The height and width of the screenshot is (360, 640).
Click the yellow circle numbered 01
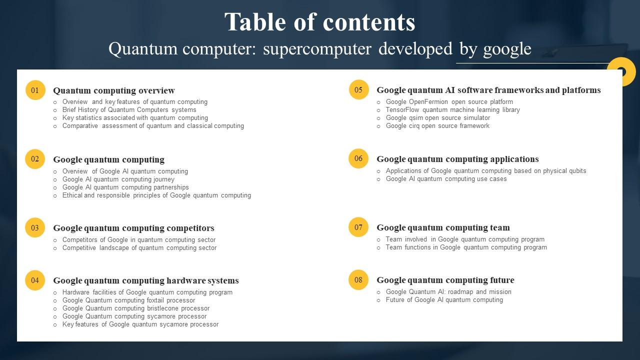35,90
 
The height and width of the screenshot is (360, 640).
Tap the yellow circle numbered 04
35,280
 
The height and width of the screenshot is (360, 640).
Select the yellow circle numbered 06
358,158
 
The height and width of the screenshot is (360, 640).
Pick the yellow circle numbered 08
358,280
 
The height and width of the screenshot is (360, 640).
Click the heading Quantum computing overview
114,90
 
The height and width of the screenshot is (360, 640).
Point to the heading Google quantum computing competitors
133,228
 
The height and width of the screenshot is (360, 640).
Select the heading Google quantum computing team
443,227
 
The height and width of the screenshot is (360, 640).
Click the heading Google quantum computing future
445,280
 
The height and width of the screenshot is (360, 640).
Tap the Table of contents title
320,22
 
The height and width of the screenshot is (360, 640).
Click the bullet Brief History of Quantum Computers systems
129,110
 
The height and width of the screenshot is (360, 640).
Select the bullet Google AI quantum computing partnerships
125,187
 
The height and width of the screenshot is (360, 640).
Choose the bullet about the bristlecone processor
136,308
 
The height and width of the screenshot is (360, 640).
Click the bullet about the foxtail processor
128,300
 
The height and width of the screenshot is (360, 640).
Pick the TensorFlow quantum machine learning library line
452,110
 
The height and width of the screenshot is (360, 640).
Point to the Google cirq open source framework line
437,126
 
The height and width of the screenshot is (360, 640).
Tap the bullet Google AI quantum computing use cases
446,179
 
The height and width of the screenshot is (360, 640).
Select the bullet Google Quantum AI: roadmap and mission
448,292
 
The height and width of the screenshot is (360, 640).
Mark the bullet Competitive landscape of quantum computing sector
139,248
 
